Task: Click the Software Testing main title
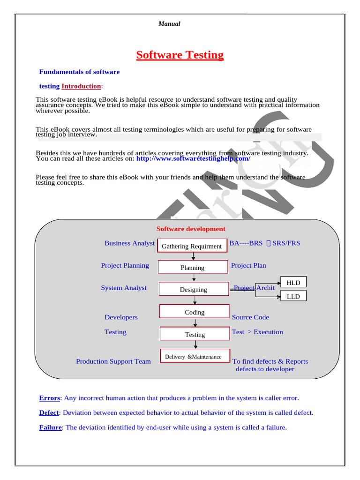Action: (180, 55)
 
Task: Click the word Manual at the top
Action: (169, 24)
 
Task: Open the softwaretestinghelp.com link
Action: (193, 158)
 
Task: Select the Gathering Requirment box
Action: (192, 246)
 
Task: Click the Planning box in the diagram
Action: (193, 268)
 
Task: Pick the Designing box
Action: (193, 289)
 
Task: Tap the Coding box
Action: (195, 312)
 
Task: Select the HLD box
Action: (293, 282)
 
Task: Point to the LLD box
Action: (293, 296)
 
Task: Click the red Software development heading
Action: (191, 229)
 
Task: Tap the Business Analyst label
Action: (129, 243)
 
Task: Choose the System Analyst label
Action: (124, 288)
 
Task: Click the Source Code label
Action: (250, 317)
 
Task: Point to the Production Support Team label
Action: (113, 361)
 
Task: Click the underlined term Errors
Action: (49, 398)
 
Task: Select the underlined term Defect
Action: (49, 413)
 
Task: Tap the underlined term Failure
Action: (50, 427)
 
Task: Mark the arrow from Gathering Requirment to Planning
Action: (193, 256)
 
